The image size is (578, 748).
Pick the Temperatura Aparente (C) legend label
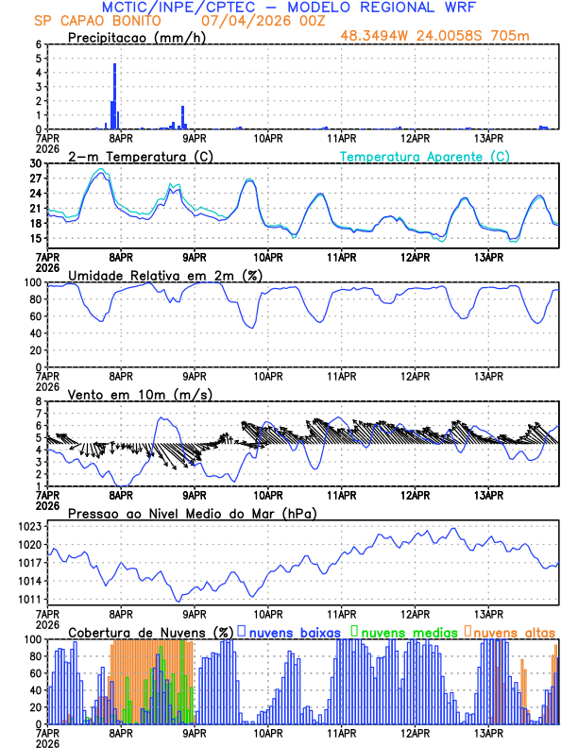pyautogui.click(x=424, y=156)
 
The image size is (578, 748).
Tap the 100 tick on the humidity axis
pyautogui.click(x=33, y=282)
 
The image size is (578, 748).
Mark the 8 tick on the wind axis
pyautogui.click(x=40, y=401)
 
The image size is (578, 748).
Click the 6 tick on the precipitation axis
pyautogui.click(x=40, y=44)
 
